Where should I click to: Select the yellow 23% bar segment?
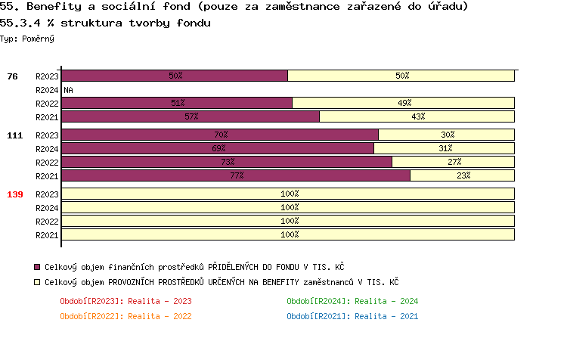click(462, 175)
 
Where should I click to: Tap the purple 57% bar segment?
click(191, 116)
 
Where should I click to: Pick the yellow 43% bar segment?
click(417, 116)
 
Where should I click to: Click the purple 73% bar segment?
click(227, 162)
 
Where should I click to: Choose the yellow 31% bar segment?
click(445, 148)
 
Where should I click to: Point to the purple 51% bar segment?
click(177, 103)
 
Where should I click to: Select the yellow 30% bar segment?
click(446, 135)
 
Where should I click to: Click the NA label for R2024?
click(68, 89)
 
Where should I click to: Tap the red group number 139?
click(15, 194)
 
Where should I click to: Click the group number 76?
click(12, 76)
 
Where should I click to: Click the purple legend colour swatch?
click(37, 267)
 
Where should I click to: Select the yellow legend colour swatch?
click(37, 282)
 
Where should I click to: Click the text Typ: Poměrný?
click(27, 38)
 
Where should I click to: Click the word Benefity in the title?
click(51, 7)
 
